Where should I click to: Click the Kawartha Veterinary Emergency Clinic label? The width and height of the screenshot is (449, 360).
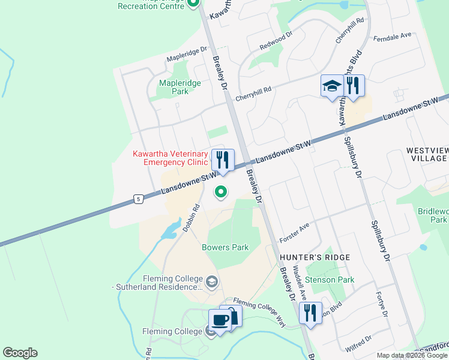tap(170, 158)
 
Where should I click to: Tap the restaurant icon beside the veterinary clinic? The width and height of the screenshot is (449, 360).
tap(223, 160)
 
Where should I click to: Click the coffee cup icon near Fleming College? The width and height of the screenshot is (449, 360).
tap(219, 319)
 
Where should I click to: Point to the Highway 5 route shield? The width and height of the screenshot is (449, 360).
tap(139, 199)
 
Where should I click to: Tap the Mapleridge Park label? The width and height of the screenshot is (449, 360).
tap(173, 87)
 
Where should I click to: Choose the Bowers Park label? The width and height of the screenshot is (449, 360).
tap(225, 247)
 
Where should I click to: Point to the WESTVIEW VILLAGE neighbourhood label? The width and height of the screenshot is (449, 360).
tap(426, 154)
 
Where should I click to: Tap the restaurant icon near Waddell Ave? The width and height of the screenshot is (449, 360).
tap(310, 313)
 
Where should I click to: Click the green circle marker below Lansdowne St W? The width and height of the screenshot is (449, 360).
tap(221, 192)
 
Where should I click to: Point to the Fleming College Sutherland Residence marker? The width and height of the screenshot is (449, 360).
tap(211, 281)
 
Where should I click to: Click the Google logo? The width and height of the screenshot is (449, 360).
tap(20, 353)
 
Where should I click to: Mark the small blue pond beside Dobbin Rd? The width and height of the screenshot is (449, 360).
tap(172, 227)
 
